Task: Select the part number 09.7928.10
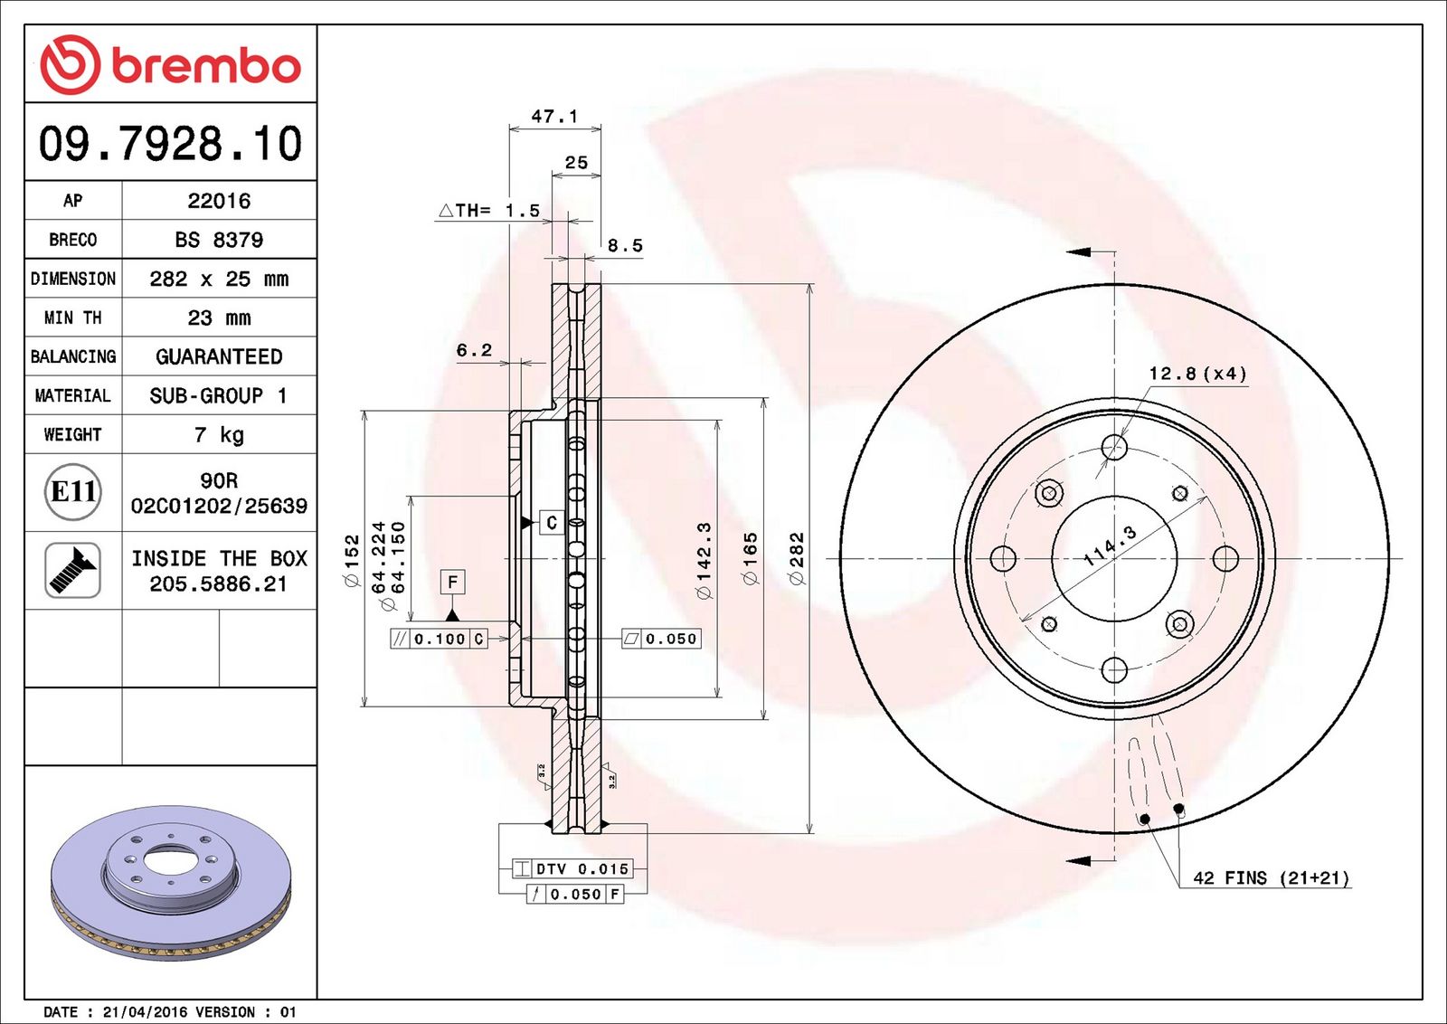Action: (171, 144)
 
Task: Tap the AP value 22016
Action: (219, 201)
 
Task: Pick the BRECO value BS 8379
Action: (219, 240)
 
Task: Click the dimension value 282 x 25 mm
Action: (219, 279)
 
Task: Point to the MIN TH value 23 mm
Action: (219, 318)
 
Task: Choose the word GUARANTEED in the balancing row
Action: (219, 356)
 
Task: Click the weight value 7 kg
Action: (219, 435)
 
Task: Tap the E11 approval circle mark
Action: (73, 492)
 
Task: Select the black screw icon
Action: (72, 571)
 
